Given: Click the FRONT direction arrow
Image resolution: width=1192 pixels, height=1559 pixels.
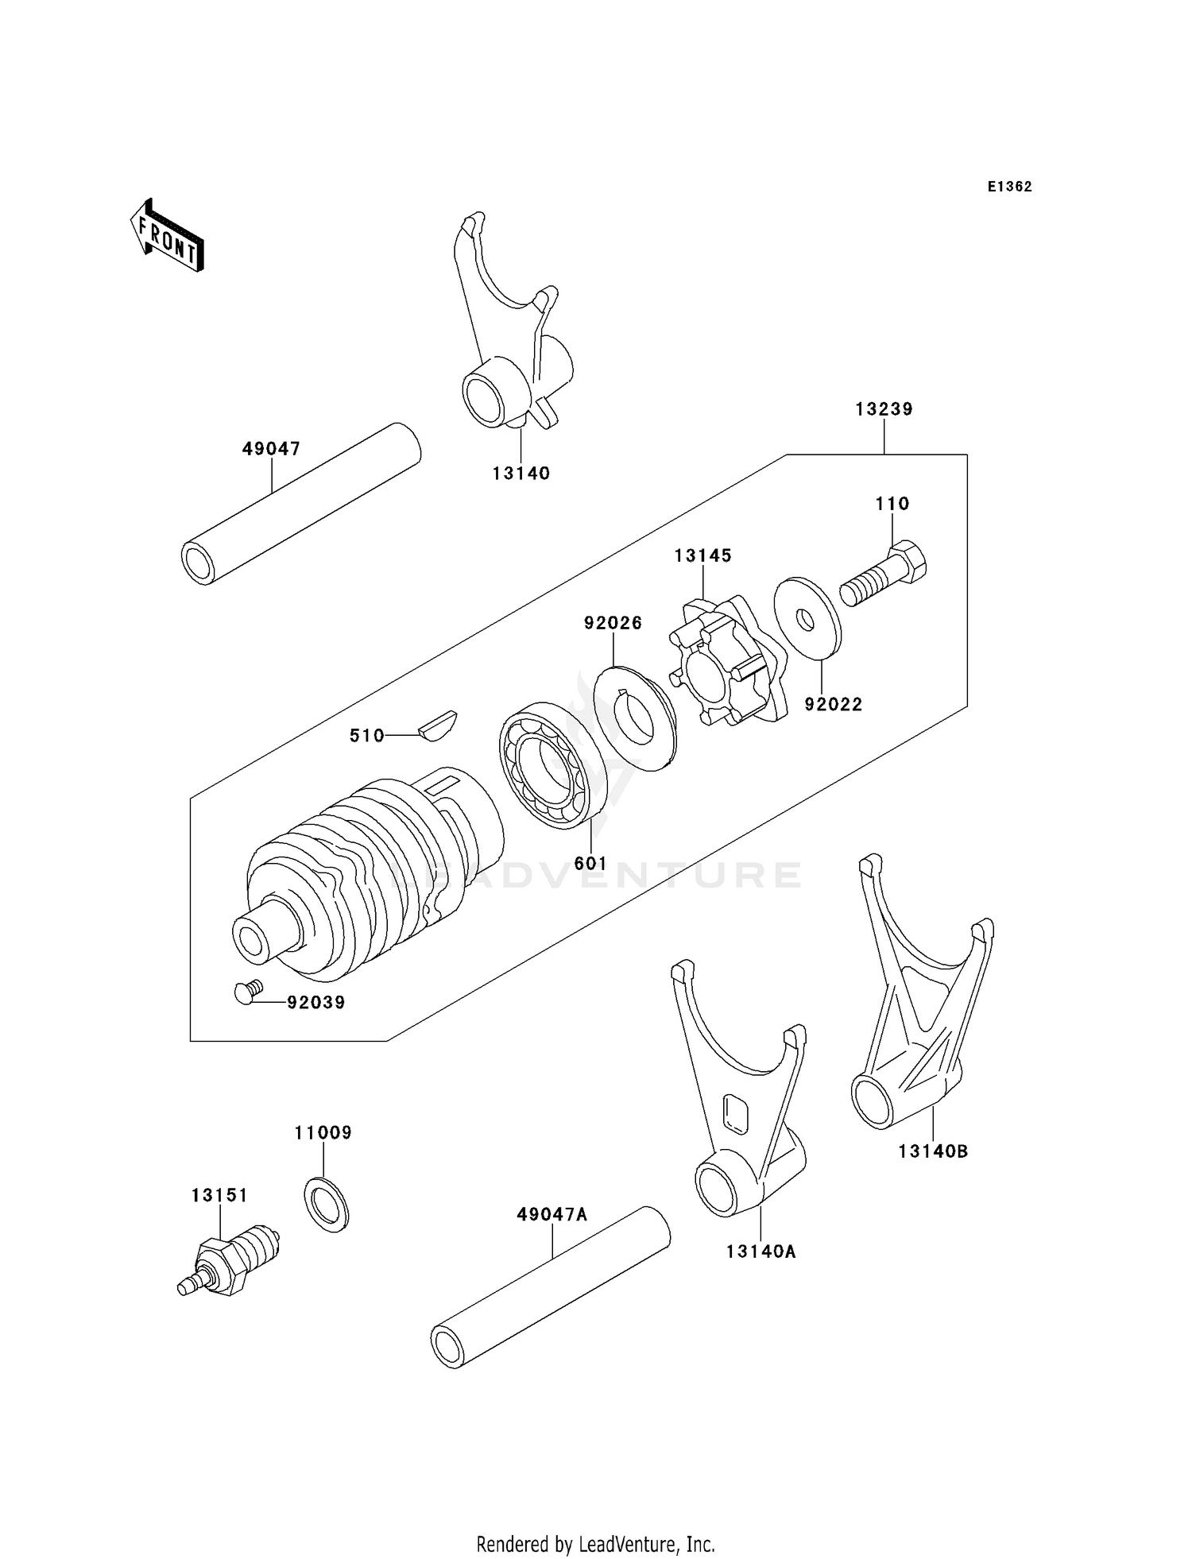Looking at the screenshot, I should click(x=167, y=237).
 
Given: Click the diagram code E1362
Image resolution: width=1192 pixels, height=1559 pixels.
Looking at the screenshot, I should click(x=1009, y=187).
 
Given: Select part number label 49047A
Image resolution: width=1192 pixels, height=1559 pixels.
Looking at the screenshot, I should click(x=551, y=1214).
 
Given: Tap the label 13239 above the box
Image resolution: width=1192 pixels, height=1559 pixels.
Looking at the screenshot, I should click(x=884, y=409).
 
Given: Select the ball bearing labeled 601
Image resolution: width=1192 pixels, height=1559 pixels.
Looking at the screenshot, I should click(x=552, y=764).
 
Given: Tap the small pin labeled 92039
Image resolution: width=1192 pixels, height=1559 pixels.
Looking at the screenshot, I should click(x=247, y=992).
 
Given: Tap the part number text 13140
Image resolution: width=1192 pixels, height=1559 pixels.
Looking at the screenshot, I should click(x=521, y=474).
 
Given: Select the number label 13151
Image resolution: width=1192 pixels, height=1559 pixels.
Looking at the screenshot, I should click(x=219, y=1195).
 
